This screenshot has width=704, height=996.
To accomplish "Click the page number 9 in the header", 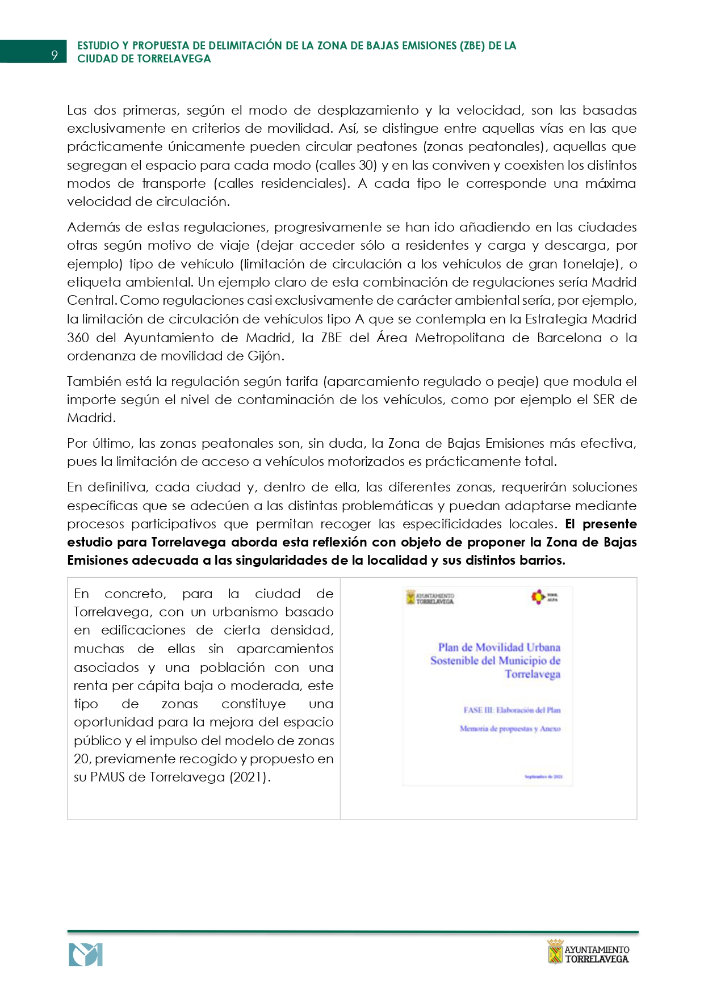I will tap(55, 54).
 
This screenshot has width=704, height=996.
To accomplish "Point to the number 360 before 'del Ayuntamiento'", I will tap(78, 338).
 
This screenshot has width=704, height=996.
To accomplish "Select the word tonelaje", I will tap(592, 264).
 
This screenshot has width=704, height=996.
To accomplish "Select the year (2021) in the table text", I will tap(250, 777).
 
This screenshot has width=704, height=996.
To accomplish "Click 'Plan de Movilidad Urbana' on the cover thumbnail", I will tap(499, 647).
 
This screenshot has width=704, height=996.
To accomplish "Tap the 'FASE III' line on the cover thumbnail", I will tap(512, 710).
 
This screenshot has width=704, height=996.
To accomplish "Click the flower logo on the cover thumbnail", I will tap(538, 596).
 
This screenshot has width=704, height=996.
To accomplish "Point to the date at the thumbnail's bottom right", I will tap(543, 776).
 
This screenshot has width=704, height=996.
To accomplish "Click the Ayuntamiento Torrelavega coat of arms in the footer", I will tap(555, 952).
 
